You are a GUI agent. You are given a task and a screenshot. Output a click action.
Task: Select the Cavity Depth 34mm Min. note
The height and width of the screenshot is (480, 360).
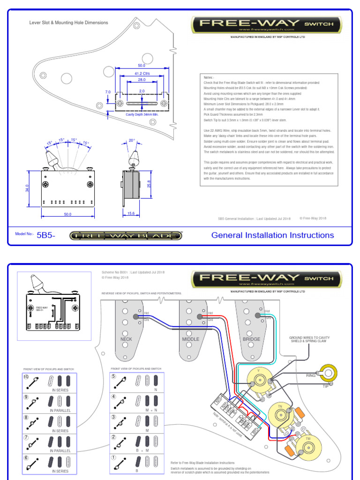(x=142, y=114)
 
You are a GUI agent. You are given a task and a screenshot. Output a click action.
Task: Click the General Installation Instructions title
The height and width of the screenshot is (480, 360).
(x=272, y=235)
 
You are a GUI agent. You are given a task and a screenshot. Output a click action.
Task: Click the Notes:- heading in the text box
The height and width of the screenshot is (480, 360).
(x=209, y=77)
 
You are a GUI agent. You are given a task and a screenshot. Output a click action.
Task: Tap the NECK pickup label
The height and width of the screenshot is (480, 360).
(x=127, y=339)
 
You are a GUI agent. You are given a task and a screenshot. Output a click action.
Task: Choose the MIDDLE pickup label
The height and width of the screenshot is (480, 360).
(x=190, y=339)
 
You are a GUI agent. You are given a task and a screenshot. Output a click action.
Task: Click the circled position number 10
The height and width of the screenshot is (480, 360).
(x=26, y=377)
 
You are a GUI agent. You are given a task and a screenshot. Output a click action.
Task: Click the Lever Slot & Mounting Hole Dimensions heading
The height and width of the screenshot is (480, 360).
(x=68, y=22)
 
